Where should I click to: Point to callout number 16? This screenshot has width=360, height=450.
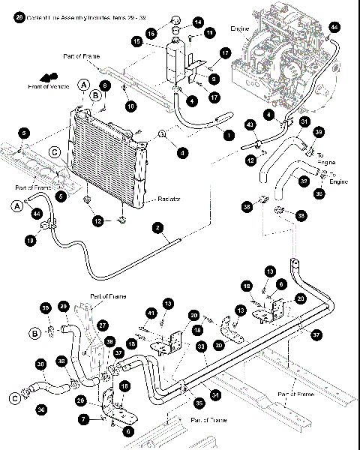point(151,33)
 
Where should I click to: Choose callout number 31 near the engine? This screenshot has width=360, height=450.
point(304,121)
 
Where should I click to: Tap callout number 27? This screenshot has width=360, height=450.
point(103,325)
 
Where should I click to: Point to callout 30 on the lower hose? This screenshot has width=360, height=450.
point(40,364)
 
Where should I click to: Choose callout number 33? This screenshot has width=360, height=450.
point(200,346)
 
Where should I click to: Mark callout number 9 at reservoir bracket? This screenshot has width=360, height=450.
point(214,79)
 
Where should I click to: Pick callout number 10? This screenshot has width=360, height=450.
point(132,106)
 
